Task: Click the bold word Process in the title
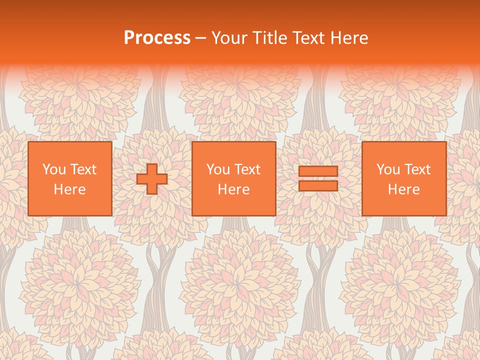pyautogui.click(x=157, y=38)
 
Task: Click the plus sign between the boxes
pyautogui.click(x=152, y=179)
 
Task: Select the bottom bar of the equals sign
pyautogui.click(x=318, y=186)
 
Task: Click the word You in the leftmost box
pyautogui.click(x=54, y=169)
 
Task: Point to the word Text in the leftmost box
pyautogui.click(x=83, y=169)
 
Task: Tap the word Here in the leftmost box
pyautogui.click(x=70, y=189)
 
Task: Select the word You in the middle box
pyautogui.click(x=218, y=169)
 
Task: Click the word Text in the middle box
pyautogui.click(x=247, y=169)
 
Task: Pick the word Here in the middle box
pyautogui.click(x=234, y=189)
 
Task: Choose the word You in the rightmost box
pyautogui.click(x=388, y=169)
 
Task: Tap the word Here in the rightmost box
pyautogui.click(x=404, y=189)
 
